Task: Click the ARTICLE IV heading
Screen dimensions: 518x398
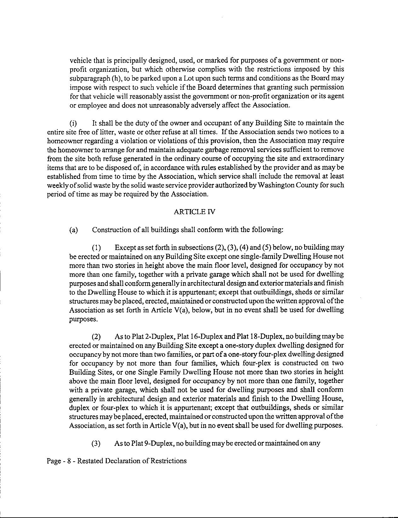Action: pos(194,212)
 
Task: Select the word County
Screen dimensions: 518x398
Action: pos(305,185)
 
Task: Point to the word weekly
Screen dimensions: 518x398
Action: pos(57,185)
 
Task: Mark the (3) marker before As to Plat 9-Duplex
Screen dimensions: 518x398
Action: pos(96,443)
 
